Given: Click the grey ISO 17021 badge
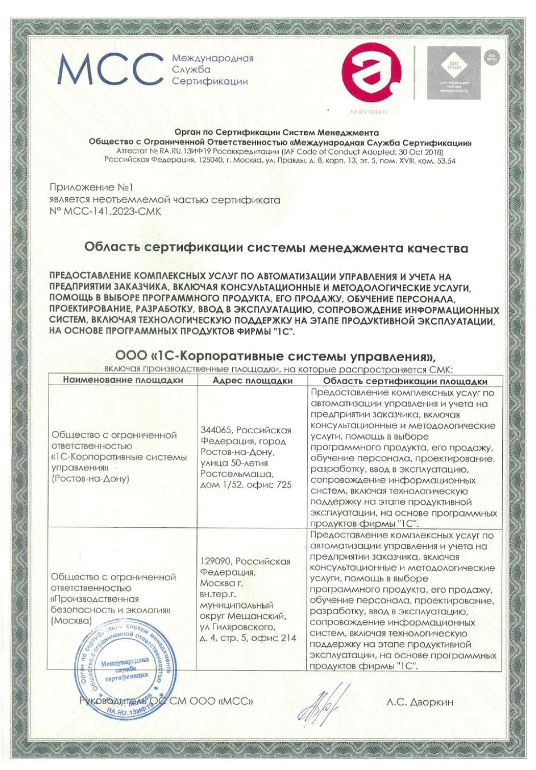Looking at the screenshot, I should [453, 73].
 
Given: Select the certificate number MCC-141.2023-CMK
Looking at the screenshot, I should [106, 212].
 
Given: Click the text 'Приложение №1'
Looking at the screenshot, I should [91, 188].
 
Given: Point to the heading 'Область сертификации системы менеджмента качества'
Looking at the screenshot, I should [276, 248].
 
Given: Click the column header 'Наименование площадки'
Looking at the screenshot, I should [123, 380].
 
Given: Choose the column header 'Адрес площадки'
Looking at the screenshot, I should [253, 381].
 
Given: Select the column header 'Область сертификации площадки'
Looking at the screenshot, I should [405, 381].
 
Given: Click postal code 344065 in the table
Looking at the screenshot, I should [216, 430].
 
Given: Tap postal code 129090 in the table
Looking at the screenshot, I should [216, 562].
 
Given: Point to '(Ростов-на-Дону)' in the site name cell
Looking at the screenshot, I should [90, 479].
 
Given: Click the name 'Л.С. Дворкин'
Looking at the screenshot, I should [420, 702].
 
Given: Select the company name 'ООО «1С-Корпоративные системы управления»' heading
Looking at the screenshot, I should [276, 356].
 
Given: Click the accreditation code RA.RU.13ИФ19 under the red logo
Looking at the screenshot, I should [369, 111].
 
